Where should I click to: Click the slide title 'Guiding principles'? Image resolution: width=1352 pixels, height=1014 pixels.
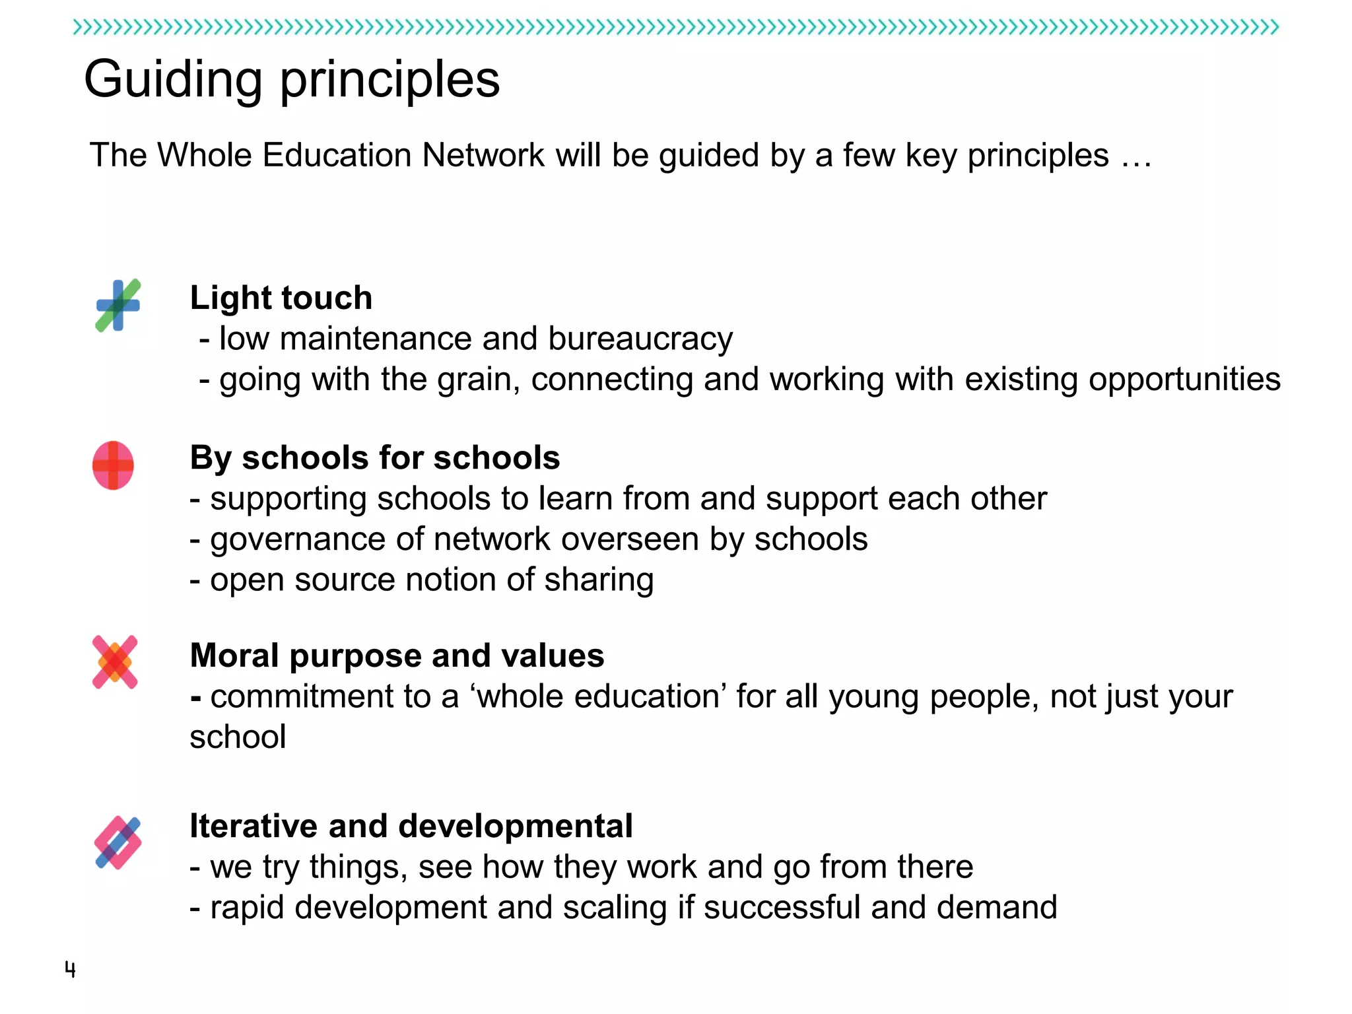point(292,79)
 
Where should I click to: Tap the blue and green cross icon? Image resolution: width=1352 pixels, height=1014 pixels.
point(118,305)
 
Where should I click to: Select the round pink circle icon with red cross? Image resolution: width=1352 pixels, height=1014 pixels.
point(113,465)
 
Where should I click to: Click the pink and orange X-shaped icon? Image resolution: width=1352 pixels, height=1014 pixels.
point(115,662)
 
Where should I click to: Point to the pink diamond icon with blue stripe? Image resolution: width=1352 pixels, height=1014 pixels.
point(118,842)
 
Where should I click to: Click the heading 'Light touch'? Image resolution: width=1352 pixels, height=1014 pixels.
point(281,298)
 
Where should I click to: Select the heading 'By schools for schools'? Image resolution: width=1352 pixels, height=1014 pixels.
point(375,457)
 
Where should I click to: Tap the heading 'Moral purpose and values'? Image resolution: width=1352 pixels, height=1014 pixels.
point(397,656)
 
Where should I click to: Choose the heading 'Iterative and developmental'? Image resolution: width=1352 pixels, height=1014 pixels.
point(411,826)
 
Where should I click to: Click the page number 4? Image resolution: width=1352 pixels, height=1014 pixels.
point(70,969)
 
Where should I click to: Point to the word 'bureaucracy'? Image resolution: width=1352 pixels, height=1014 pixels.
point(640,339)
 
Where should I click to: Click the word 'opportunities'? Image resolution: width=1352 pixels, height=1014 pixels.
point(1184,380)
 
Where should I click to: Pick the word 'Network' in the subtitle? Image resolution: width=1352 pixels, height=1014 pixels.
point(483,156)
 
